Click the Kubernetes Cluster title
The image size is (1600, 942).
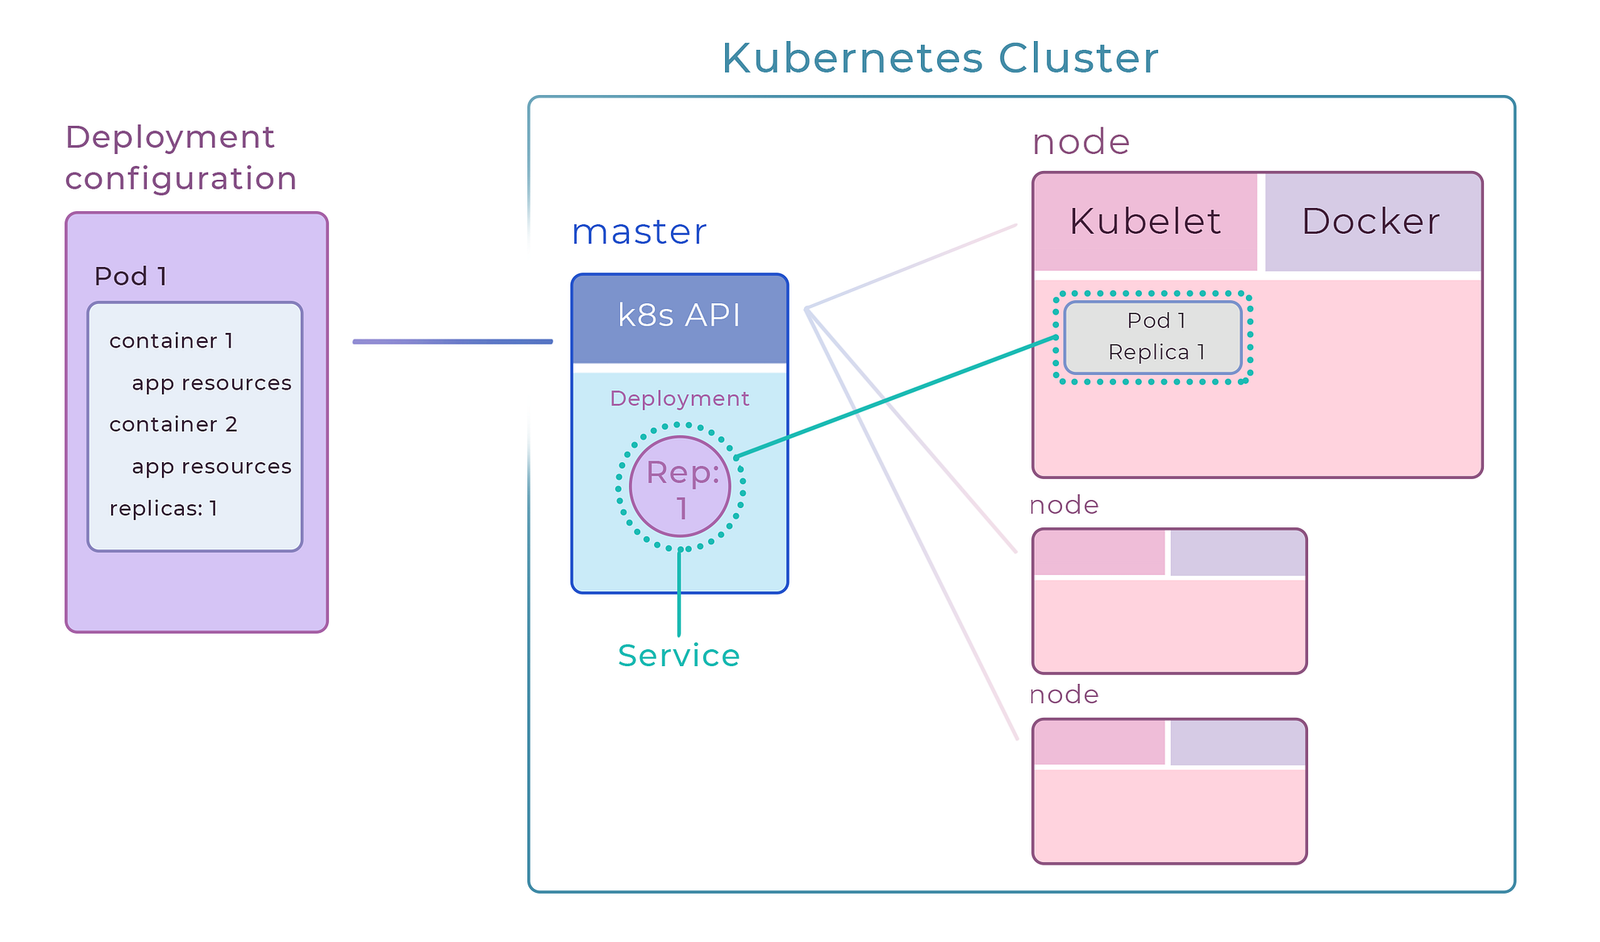point(940,58)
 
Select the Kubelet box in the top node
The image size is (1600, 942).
point(1144,221)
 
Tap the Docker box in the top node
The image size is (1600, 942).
point(1371,221)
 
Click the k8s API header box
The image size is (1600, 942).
point(679,316)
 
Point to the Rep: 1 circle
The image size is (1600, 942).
point(680,487)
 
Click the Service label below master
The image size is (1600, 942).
point(678,656)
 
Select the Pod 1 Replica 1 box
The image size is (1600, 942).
point(1152,337)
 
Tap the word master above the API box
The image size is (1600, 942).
point(639,232)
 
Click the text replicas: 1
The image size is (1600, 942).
point(163,509)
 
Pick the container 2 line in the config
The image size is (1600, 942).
point(173,425)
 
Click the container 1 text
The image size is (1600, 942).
point(171,341)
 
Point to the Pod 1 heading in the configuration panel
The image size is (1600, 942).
point(131,277)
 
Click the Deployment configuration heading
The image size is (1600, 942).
point(181,158)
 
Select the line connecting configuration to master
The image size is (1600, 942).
point(452,342)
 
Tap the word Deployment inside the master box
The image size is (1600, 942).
point(679,398)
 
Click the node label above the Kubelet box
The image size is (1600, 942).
point(1081,143)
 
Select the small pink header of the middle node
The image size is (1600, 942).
point(1098,553)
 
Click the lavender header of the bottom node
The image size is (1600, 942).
point(1237,743)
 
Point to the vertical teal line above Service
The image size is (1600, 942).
point(679,593)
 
